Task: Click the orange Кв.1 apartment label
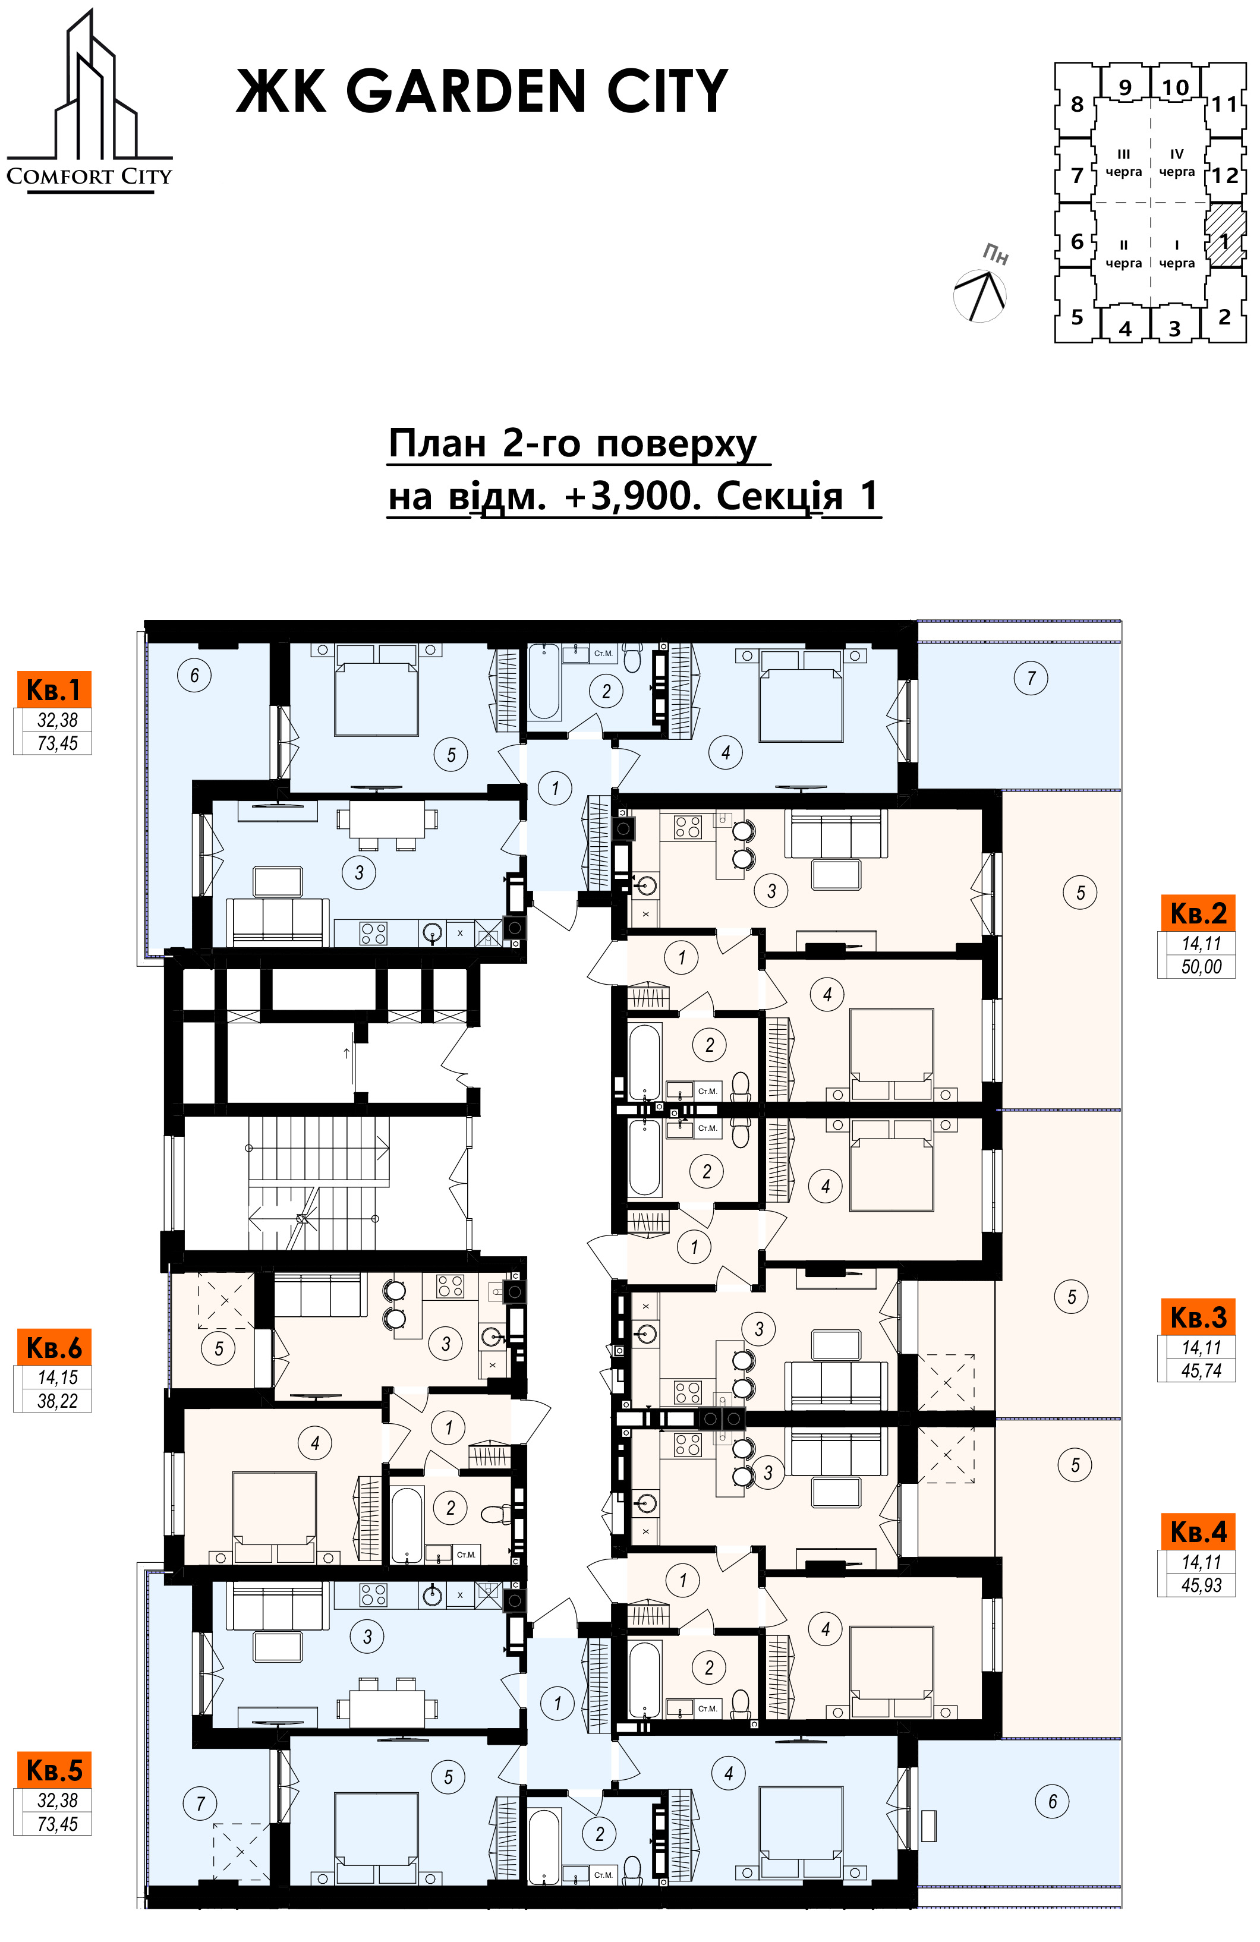53,689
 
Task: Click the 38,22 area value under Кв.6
57,1401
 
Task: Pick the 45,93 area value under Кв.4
1201,1585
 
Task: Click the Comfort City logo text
90,176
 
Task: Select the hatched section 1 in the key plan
1226,234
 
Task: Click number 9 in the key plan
1125,87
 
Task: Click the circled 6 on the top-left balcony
194,676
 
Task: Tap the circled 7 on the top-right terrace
1032,678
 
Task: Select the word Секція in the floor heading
779,495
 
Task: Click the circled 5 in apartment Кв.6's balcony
219,1349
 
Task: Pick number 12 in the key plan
1225,175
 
